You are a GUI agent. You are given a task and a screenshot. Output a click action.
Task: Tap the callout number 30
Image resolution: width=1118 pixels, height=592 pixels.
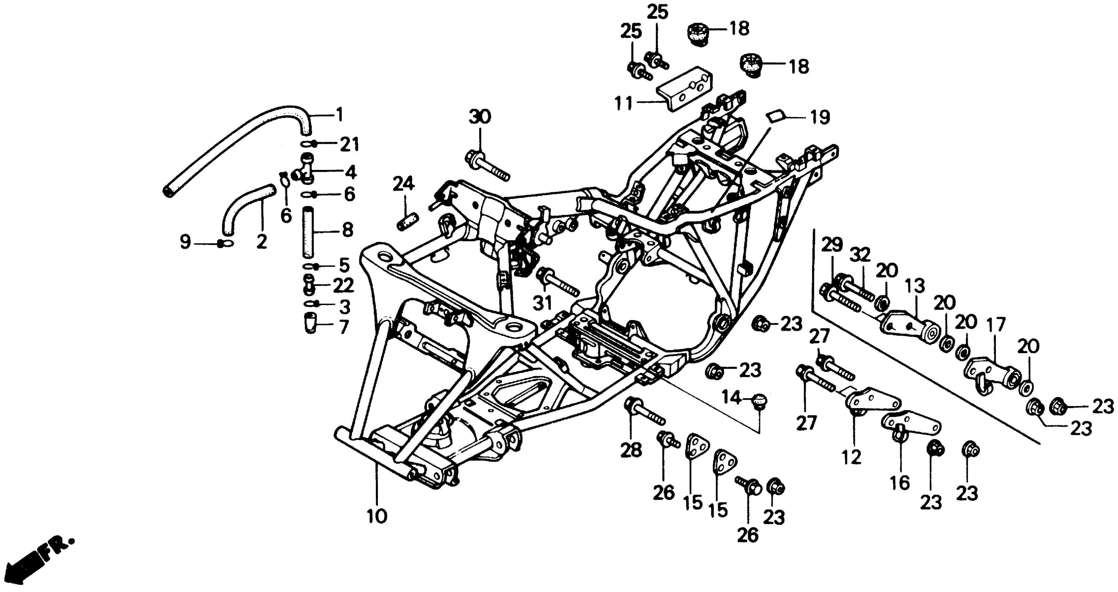[x=479, y=117]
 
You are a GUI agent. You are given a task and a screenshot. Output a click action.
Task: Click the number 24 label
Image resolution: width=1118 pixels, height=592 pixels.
[x=404, y=185]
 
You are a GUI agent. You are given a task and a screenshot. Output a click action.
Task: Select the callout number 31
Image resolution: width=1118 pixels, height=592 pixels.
[x=542, y=303]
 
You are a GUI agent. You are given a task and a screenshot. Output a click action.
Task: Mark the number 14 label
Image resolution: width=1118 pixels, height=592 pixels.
[x=732, y=397]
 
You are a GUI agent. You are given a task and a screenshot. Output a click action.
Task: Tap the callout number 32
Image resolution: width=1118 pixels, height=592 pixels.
[x=860, y=255]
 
